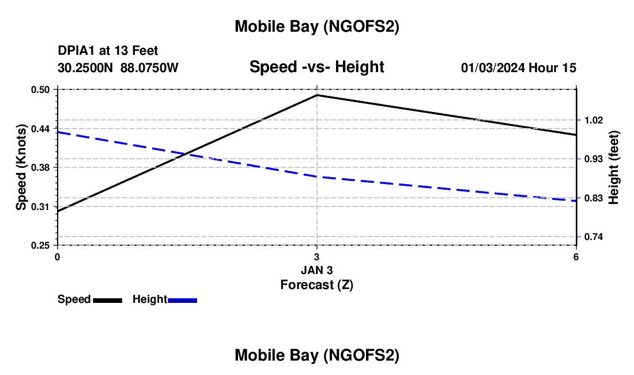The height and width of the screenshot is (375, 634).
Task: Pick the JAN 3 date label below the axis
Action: coord(316,269)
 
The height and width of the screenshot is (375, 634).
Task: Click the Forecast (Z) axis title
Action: coord(316,284)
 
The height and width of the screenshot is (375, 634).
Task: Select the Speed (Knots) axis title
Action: coord(21,167)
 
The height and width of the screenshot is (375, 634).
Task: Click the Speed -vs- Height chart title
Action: coord(316,67)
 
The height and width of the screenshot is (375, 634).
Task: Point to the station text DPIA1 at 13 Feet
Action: coord(108,51)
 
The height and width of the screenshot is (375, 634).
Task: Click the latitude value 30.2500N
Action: coord(86,67)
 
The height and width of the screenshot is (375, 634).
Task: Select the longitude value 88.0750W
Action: coord(149,67)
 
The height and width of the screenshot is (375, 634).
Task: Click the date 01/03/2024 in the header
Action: coord(493,67)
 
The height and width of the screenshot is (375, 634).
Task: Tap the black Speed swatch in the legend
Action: coord(107,300)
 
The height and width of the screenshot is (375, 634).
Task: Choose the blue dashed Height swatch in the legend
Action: coord(183,300)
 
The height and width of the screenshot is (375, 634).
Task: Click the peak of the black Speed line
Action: coord(317,95)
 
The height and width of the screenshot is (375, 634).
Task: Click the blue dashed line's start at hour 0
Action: coord(58,132)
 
